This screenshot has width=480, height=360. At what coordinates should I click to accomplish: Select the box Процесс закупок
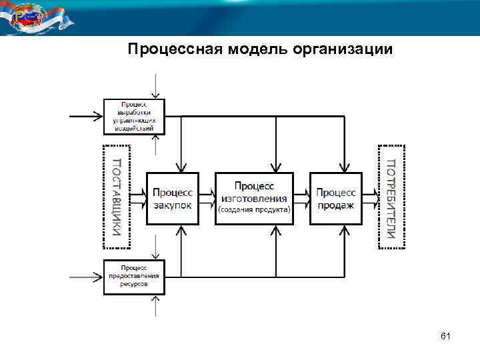tap(173, 198)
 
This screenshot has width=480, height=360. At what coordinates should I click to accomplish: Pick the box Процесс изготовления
tap(254, 198)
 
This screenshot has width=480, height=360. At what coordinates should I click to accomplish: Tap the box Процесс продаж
tap(335, 198)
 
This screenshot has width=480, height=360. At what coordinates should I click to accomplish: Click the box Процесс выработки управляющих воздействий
tap(133, 116)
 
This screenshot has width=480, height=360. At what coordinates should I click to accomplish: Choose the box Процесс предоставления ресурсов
tap(133, 276)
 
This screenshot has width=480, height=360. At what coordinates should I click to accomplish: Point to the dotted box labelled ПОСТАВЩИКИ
tap(117, 197)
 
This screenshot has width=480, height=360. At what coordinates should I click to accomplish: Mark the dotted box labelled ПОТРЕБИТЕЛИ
tap(391, 197)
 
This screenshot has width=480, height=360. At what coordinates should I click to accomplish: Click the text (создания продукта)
tap(254, 210)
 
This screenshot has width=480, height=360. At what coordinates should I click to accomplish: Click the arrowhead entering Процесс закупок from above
tap(181, 168)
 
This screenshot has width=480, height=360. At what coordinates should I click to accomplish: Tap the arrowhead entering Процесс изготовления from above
tap(274, 167)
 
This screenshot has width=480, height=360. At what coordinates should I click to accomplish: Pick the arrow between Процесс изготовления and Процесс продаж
tap(301, 197)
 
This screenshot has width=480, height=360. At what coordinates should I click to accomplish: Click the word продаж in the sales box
tap(335, 205)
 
